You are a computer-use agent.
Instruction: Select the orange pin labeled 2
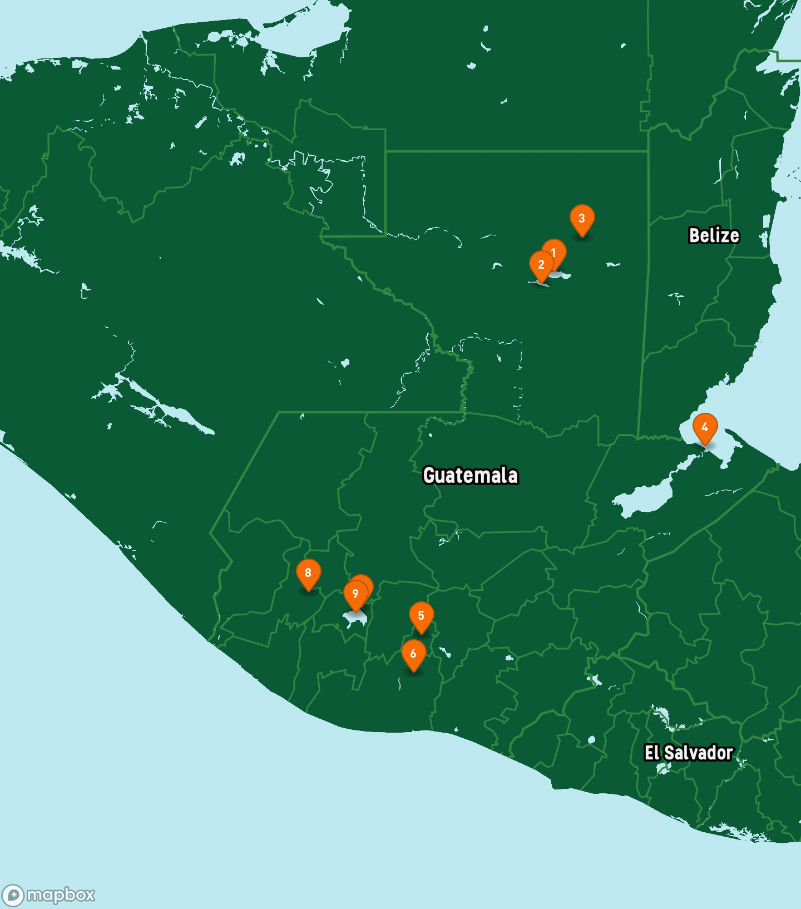pos(541,265)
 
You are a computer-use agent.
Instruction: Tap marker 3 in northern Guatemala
pos(582,218)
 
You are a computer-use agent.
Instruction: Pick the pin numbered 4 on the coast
pos(705,427)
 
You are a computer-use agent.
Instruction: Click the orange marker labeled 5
pos(421,616)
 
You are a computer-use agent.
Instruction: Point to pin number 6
pos(413,654)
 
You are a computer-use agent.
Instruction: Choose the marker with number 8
pos(308,573)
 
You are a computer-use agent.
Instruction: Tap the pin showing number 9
pos(355,594)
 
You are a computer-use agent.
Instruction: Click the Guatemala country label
pos(471,476)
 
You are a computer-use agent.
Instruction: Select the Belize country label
pos(714,235)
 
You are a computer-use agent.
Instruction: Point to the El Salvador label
pos(689,753)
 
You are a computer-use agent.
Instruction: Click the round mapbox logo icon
pos(13,896)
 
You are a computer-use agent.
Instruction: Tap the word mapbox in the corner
pos(61,895)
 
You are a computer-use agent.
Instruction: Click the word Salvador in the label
pos(699,753)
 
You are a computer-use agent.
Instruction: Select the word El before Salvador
pos(651,753)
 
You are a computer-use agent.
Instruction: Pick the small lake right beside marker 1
pos(562,274)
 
